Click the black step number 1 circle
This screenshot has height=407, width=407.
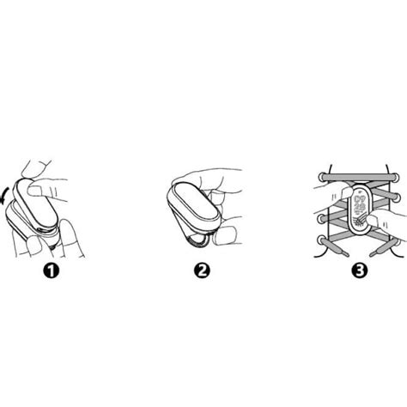point(52,270)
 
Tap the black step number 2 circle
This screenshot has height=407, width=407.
point(202,270)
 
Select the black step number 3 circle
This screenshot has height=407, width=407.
point(360,270)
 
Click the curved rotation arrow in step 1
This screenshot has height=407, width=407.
point(4,196)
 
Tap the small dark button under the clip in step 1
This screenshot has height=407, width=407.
point(52,247)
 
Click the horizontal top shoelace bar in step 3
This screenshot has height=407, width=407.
point(359,178)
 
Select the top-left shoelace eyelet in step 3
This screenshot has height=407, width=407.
point(323,177)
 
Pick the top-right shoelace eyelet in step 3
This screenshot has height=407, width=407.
point(396,177)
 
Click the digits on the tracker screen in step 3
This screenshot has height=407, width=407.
point(359,205)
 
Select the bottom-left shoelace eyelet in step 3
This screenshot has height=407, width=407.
point(322,240)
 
